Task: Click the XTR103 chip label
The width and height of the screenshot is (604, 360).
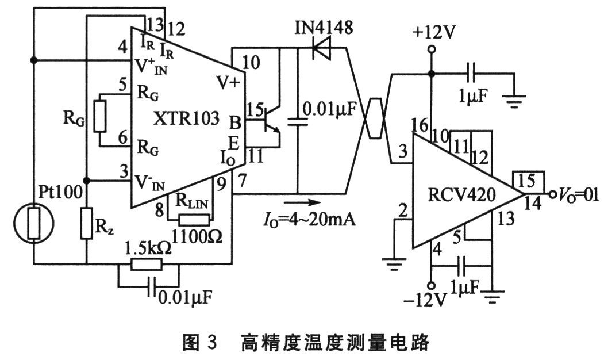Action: pyautogui.click(x=187, y=118)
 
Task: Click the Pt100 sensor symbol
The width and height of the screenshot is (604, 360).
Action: pyautogui.click(x=33, y=221)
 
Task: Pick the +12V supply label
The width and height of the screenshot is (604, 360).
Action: pyautogui.click(x=433, y=32)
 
